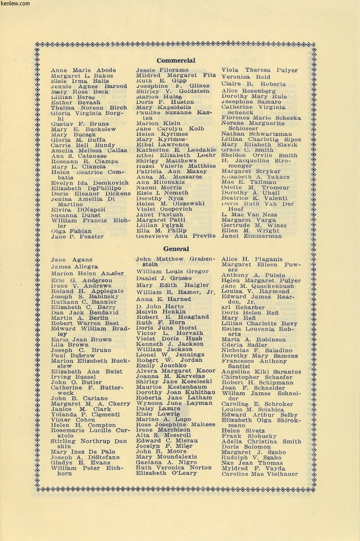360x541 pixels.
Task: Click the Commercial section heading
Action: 176,60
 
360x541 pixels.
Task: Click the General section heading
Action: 176,248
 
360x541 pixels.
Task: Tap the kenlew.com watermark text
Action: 15,4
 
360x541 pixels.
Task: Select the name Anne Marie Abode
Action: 83,70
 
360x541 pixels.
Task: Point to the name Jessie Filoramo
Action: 162,70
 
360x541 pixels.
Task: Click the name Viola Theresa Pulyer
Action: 259,70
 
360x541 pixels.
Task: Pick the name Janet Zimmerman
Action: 249,236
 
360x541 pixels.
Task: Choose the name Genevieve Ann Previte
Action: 173,236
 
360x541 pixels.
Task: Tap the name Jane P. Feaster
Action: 77,236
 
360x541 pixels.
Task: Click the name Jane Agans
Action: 71,260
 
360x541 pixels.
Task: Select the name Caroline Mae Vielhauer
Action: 260,474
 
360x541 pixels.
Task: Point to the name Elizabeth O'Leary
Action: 166,473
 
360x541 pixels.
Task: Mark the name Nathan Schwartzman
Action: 256,134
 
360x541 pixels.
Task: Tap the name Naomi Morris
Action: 159,188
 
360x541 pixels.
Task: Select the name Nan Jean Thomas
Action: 252,463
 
